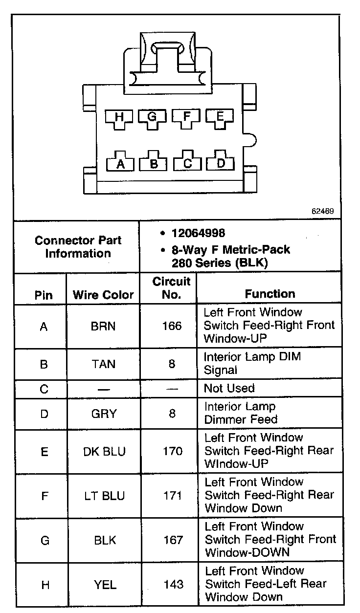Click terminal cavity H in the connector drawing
point(119,117)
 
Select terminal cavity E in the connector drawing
point(220,117)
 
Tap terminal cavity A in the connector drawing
point(120,163)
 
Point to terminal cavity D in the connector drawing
point(221,162)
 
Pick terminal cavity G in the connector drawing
point(152,117)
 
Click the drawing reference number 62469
point(322,212)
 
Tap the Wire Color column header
point(103,295)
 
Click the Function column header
point(270,294)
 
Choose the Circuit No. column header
point(171,288)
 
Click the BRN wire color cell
point(103,326)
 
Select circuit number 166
point(172,326)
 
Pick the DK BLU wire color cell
point(104,451)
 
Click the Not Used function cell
point(229,389)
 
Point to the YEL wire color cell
point(104,584)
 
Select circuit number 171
point(173,496)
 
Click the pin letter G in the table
point(45,540)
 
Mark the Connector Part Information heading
point(78,247)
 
